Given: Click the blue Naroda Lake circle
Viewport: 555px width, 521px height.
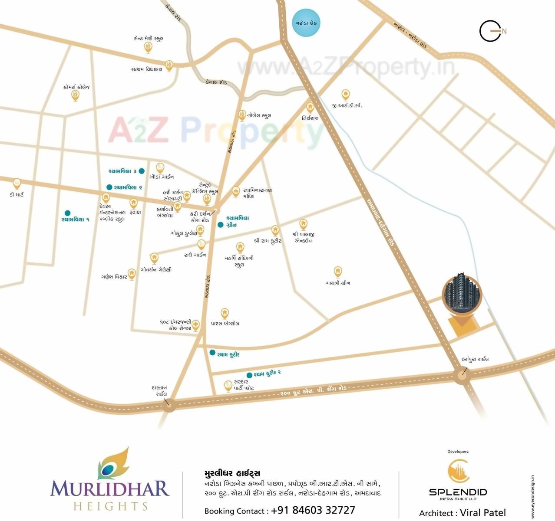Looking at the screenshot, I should [x=306, y=23].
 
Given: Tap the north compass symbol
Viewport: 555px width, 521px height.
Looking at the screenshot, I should [x=491, y=31].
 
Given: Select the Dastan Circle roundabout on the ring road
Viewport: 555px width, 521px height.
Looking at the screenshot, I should [x=169, y=405].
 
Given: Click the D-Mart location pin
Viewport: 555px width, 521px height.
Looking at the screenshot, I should [x=17, y=184].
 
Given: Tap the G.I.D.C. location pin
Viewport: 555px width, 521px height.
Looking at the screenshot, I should [x=345, y=94].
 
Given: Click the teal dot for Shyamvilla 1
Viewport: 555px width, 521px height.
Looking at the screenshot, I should [x=67, y=213].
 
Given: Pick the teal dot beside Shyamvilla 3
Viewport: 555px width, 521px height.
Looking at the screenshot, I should [x=142, y=171].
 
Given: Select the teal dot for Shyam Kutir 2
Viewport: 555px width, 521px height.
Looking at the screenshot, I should [x=249, y=375].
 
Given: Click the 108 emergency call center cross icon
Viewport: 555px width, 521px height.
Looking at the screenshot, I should [x=196, y=324].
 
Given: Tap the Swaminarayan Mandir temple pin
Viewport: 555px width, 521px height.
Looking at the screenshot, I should [x=235, y=191].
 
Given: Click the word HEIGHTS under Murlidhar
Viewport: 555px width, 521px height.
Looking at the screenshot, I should [x=111, y=506].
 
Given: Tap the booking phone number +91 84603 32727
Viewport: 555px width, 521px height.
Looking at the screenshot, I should [x=313, y=510].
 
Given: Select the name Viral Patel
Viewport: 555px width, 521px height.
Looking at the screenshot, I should [x=483, y=513].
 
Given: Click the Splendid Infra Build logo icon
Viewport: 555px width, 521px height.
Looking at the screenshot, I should [x=458, y=472].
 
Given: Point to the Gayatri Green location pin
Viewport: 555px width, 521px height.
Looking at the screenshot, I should [x=337, y=272].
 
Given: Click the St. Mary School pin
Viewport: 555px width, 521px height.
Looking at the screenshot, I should [x=148, y=47].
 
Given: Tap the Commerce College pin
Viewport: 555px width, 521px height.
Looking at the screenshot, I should [x=75, y=95].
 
